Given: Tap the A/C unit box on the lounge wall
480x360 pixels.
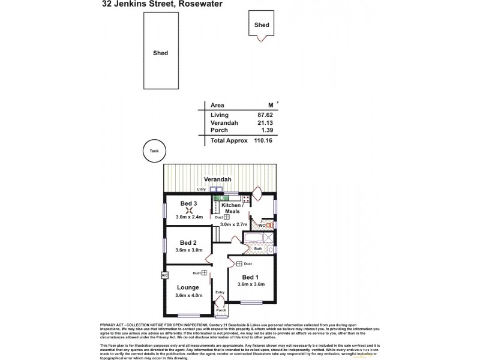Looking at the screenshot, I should pyautogui.click(x=164, y=275).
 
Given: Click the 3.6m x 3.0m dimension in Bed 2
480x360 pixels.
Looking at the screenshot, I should pyautogui.click(x=189, y=250).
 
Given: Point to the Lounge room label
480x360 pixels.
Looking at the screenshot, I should pyautogui.click(x=188, y=287).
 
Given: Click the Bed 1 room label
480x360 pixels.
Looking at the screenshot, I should pyautogui.click(x=250, y=277).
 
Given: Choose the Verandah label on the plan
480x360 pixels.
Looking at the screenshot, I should pyautogui.click(x=216, y=179).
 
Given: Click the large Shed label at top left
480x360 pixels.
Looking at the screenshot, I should pyautogui.click(x=160, y=53).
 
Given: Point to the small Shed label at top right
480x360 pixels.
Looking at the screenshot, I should pyautogui.click(x=262, y=25).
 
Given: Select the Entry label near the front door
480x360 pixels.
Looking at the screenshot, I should pyautogui.click(x=220, y=293).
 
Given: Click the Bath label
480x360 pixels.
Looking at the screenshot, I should pyautogui.click(x=257, y=248).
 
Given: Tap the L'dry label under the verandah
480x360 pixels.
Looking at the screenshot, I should pyautogui.click(x=201, y=190).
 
